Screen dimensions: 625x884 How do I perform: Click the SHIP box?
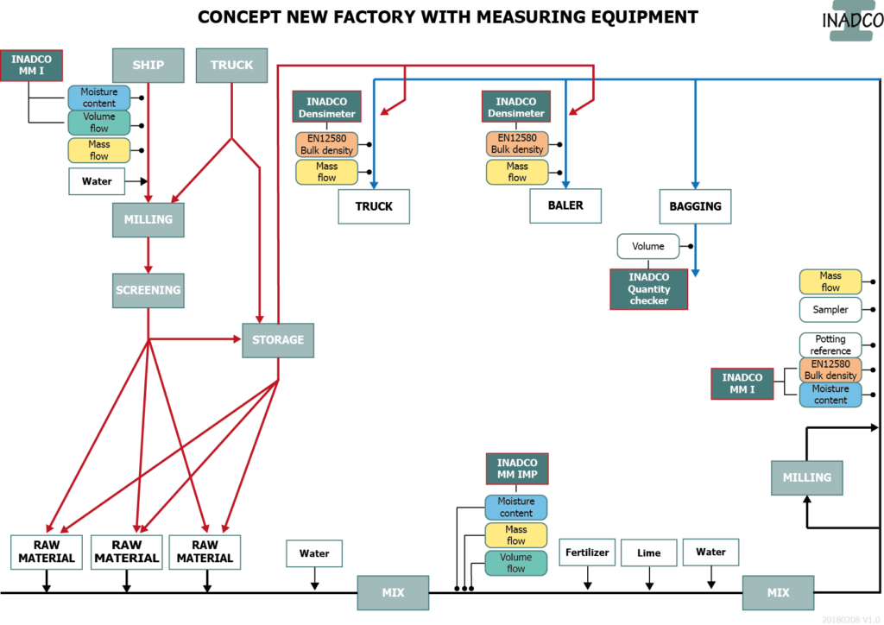[x=148, y=66]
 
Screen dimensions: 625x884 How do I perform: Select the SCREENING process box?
[x=148, y=290]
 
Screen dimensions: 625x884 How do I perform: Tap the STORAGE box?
[x=278, y=340]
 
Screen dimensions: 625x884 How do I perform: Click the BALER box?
[x=565, y=205]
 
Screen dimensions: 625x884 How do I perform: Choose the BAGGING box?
[x=695, y=206]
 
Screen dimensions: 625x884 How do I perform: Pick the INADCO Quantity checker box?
[x=648, y=289]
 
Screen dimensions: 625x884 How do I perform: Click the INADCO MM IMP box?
[x=517, y=470]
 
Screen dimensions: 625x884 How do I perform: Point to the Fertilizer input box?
[x=588, y=552]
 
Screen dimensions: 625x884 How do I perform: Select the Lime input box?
[x=649, y=552]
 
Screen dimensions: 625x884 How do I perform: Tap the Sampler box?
[x=830, y=310]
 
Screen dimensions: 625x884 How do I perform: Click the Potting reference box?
[x=830, y=344]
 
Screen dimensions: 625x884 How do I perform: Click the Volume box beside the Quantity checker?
[x=648, y=246]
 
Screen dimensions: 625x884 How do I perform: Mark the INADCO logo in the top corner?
[x=851, y=21]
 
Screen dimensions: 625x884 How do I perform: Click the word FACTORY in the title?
[x=376, y=16]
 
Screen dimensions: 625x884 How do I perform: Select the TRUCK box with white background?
[x=374, y=206]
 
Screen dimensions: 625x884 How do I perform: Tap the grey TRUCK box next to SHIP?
[x=231, y=66]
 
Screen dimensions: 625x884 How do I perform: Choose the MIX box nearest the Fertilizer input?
[x=778, y=593]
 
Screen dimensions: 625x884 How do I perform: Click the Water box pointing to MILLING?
[x=97, y=181]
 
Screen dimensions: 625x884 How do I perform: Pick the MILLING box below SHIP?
[x=148, y=219]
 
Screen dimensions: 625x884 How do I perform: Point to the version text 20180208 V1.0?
[x=849, y=619]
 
